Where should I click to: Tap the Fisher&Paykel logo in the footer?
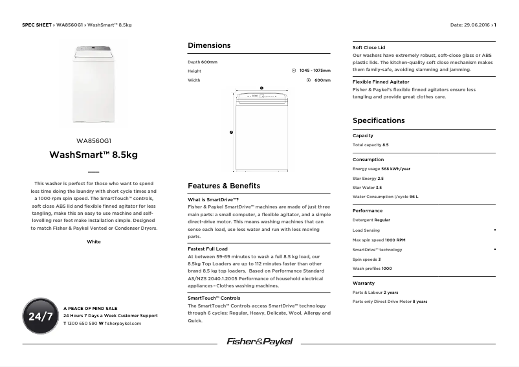(259, 341)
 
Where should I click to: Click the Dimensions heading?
(209, 46)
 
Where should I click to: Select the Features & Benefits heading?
(223, 186)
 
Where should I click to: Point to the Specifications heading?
(379, 120)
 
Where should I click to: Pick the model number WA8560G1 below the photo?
(94, 140)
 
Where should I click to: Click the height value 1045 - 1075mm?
(315, 71)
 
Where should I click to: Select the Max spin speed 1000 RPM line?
(379, 239)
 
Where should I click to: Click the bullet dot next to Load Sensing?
(494, 230)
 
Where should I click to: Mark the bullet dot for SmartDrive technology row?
(494, 249)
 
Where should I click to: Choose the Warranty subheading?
(364, 284)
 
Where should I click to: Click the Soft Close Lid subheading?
(369, 48)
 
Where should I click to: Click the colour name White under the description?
(94, 241)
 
